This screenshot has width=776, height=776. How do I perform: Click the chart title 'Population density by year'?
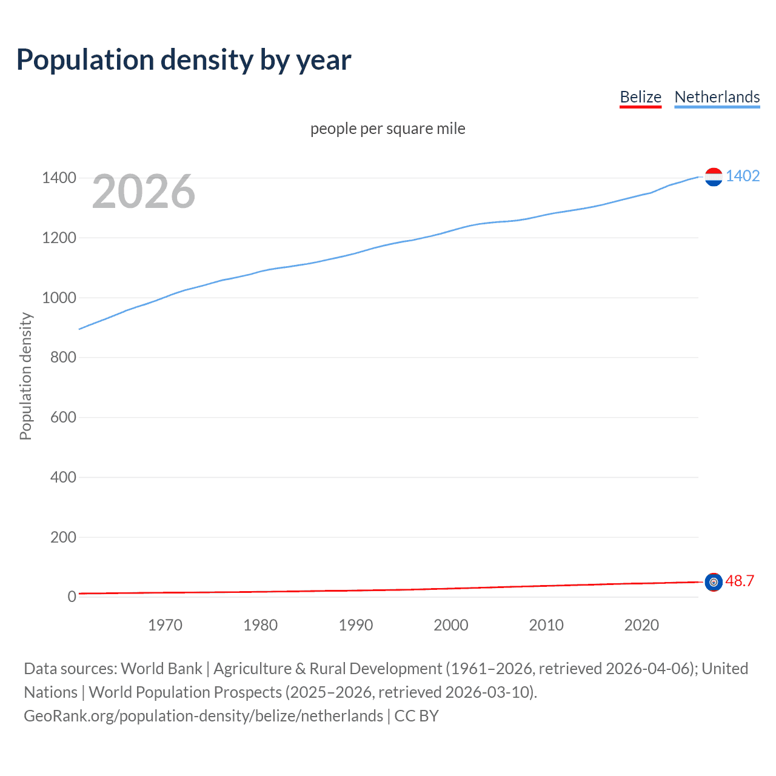(x=184, y=59)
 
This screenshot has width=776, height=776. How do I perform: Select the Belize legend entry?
(x=640, y=97)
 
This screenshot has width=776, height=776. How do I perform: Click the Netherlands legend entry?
(x=717, y=97)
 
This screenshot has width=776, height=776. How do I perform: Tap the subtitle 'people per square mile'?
(x=387, y=129)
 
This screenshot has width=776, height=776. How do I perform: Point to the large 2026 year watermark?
(x=144, y=192)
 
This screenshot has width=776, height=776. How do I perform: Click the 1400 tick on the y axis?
(x=59, y=178)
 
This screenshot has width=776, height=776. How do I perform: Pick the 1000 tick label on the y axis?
(x=59, y=298)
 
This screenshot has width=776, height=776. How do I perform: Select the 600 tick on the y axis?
(x=63, y=417)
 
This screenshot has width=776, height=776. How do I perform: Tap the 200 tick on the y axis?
(x=63, y=537)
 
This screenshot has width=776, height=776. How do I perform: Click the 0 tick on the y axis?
(x=72, y=597)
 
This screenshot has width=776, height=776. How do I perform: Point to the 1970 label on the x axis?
(x=165, y=625)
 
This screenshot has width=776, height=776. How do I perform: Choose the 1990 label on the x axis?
(x=356, y=625)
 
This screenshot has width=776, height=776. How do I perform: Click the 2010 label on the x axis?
(x=546, y=625)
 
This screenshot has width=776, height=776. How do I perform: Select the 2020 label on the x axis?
(x=641, y=625)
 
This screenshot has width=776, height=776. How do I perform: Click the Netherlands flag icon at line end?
(x=714, y=177)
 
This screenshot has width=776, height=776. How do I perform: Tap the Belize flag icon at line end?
(x=714, y=582)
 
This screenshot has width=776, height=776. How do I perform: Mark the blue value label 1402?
(x=743, y=176)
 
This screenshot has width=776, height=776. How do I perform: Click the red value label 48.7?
(x=740, y=581)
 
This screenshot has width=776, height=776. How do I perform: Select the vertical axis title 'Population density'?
(x=25, y=376)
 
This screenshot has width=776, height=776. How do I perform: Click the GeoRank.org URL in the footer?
(x=204, y=716)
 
